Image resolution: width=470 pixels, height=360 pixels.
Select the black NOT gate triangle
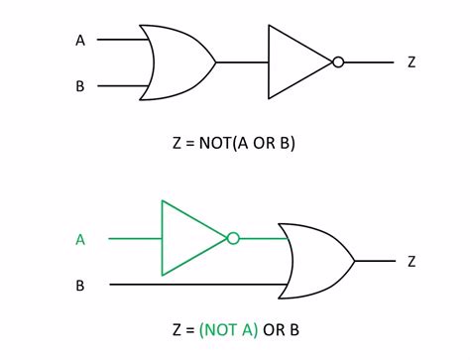[297, 61]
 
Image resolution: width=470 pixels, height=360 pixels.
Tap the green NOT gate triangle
[192, 238]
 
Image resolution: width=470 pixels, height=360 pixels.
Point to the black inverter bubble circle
[338, 61]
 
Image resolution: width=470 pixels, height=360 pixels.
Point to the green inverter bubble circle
[233, 238]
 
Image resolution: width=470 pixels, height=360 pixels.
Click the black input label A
[80, 41]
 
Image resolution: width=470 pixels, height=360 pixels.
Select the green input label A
[80, 238]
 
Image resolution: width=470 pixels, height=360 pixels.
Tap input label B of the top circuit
[80, 86]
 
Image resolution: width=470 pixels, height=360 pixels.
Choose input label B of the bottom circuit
[80, 285]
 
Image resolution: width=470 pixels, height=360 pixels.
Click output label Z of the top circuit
[411, 62]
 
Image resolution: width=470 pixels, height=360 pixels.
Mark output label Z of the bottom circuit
[411, 262]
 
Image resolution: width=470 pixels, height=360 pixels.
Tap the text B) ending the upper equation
[289, 142]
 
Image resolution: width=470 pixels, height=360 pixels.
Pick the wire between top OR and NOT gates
[241, 61]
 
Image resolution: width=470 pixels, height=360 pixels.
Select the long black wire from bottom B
[198, 285]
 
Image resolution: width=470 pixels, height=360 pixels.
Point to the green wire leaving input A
[134, 238]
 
